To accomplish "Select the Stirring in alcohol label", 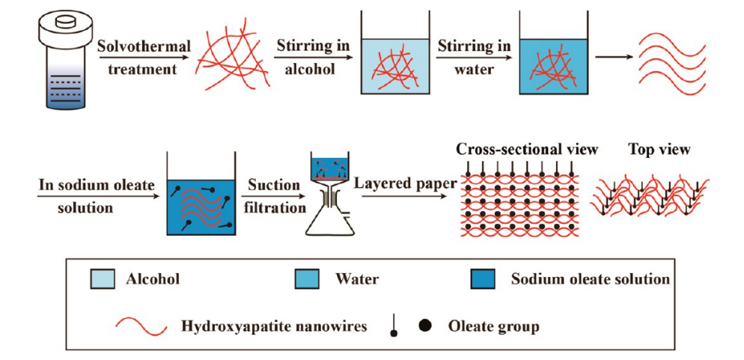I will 312,58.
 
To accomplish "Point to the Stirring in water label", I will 475,58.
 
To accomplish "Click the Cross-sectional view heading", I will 527,150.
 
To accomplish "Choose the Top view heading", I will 659,150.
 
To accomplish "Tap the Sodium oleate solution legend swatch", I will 485,279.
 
